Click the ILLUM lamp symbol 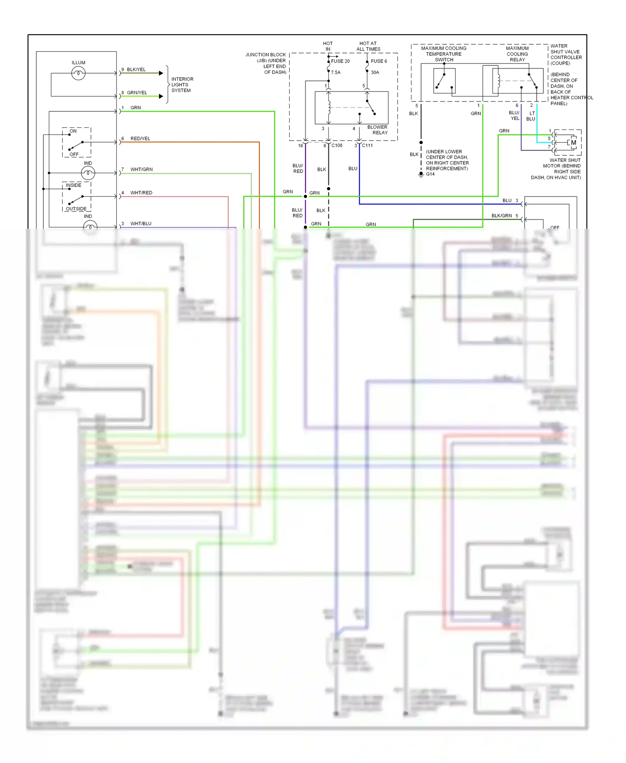pos(78,74)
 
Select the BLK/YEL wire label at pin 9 pos(136,70)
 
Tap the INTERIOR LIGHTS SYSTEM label pos(182,85)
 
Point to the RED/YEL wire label pos(140,139)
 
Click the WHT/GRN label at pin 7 pos(141,169)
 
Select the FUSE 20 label pos(340,61)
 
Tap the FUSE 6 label pos(379,61)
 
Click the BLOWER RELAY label pos(378,130)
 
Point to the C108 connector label pos(337,146)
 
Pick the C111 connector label pos(367,146)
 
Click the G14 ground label pos(430,174)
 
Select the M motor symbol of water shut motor pos(573,143)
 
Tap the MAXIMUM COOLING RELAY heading pos(517,54)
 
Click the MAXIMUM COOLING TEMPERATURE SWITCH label pos(444,54)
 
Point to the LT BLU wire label pos(531,116)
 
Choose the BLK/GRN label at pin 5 pos(501,216)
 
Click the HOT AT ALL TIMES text pos(368,46)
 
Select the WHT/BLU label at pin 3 pos(141,224)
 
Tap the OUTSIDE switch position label pos(76,209)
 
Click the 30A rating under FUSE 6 pos(375,73)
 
